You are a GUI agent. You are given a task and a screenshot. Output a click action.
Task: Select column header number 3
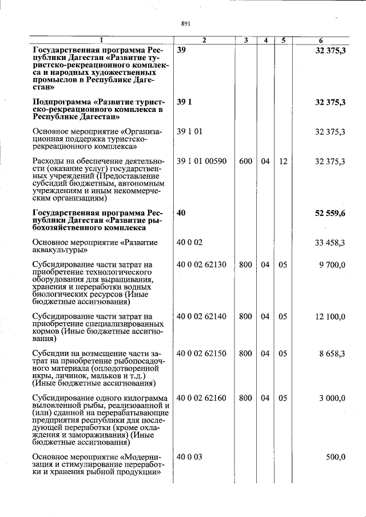245,41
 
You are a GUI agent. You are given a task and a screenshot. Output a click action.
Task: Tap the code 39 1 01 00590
201,162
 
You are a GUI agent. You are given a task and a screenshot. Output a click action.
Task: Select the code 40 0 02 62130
201,264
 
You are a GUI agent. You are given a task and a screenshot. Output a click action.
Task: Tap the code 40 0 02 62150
201,354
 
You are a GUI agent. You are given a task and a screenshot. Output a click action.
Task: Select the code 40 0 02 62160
201,398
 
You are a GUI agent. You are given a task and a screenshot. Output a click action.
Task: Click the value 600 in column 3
245,162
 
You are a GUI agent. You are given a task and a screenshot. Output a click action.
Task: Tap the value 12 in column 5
283,162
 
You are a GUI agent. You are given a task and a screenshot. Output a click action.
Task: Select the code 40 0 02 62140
201,316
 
